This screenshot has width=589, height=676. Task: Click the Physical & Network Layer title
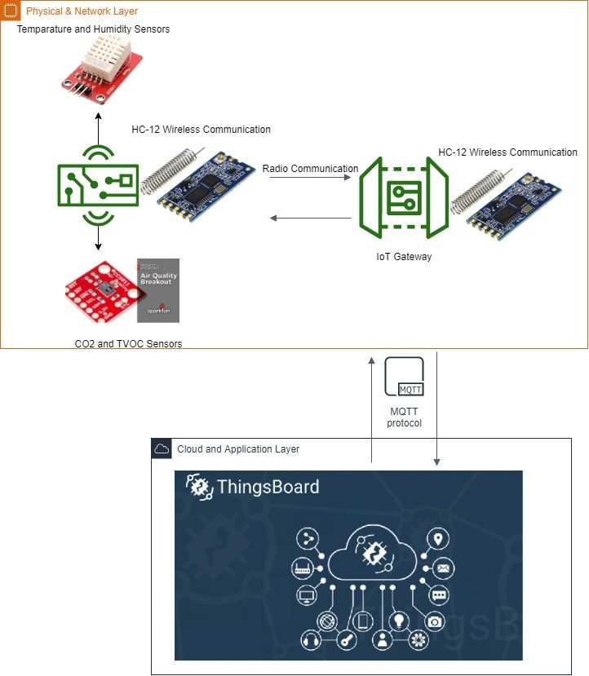tap(82, 11)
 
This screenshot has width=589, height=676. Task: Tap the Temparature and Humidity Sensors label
tap(93, 29)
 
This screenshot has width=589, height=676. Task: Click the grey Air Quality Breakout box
tap(158, 290)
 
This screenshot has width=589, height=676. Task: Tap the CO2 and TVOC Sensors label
tap(128, 344)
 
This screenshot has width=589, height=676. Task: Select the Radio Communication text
tap(310, 169)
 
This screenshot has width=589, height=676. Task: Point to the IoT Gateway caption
tap(404, 257)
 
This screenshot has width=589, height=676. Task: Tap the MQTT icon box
tap(404, 378)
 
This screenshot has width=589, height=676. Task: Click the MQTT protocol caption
tap(404, 418)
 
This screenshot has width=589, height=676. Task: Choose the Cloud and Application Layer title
tap(238, 449)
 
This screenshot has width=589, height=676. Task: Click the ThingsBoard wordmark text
tap(268, 488)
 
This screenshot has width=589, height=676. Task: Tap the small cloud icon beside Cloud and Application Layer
tap(162, 449)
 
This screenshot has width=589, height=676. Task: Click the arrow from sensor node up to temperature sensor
tap(99, 127)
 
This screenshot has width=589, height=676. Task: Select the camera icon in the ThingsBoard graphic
tap(435, 621)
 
